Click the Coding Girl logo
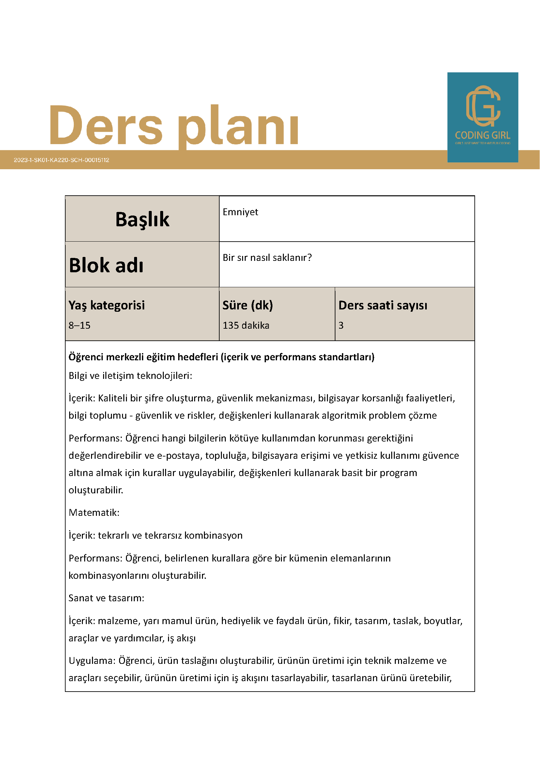click(483, 117)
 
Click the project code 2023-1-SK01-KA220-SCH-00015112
click(62, 160)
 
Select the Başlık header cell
click(142, 219)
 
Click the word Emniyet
click(240, 212)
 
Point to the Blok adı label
click(106, 265)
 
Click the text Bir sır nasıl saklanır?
click(267, 258)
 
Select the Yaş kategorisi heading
click(106, 305)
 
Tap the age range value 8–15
click(80, 325)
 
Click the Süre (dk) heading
click(247, 305)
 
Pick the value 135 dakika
click(246, 325)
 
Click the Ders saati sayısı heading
click(383, 305)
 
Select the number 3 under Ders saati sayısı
click(341, 325)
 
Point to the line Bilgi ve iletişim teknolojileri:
click(130, 376)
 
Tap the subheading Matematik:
click(94, 513)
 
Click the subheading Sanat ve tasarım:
click(106, 598)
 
